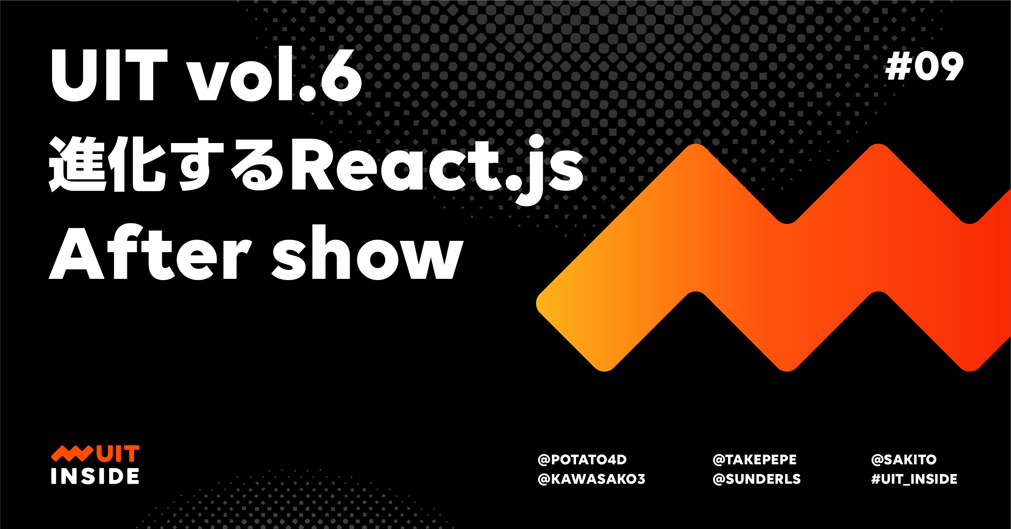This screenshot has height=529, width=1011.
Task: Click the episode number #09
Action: (x=924, y=66)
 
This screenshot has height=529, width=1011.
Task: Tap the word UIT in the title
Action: (x=109, y=75)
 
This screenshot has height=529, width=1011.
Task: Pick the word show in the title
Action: (x=367, y=252)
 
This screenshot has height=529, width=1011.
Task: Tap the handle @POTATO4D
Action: (x=582, y=459)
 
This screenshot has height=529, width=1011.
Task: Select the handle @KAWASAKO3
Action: (x=591, y=479)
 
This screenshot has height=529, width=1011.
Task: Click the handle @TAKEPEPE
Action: (x=755, y=459)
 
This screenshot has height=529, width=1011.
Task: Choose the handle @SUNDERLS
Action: (x=757, y=479)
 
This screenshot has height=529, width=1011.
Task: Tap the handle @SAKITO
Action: (x=904, y=459)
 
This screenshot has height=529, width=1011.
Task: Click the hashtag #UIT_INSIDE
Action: (x=914, y=479)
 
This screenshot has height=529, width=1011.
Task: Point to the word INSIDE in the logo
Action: (x=95, y=476)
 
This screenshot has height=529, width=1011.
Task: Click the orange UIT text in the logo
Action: (x=118, y=454)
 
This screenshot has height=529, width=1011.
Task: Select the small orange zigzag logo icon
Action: (x=72, y=454)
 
